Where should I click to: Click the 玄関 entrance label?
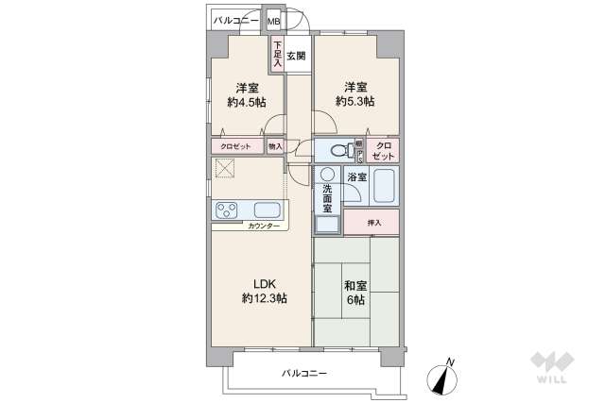coord(296,56)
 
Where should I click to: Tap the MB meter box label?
coord(273,21)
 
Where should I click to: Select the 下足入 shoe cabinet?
coord(277,54)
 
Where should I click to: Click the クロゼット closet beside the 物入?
coord(235,146)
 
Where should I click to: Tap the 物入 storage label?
coord(275,146)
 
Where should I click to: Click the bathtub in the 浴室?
coord(383,186)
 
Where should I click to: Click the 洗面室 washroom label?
coord(327,200)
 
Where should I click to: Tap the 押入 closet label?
coord(374,223)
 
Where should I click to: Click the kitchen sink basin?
coord(266,210)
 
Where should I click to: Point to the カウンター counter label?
coord(264,227)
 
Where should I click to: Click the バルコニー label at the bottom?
coord(304,374)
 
